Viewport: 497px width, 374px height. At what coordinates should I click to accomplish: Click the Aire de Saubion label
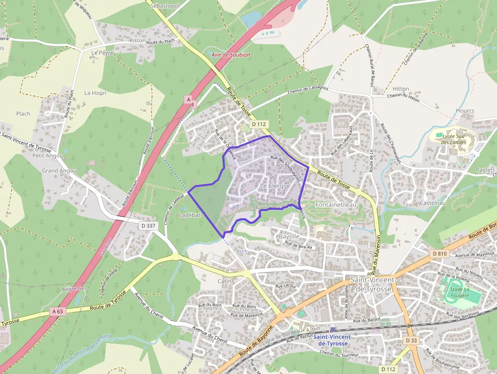[230, 55]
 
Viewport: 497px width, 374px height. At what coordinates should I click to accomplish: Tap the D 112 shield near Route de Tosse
[259, 124]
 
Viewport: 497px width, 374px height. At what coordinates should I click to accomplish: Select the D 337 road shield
[148, 225]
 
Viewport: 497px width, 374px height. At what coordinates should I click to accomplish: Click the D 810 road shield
[440, 253]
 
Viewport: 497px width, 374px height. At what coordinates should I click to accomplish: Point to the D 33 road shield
[411, 341]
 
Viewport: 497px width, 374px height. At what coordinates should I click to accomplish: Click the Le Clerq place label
[271, 186]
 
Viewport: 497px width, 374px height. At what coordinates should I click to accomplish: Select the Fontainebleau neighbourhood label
[336, 204]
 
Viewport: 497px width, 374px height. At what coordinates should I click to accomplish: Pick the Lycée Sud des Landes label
[453, 139]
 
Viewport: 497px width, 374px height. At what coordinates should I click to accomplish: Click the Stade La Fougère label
[458, 292]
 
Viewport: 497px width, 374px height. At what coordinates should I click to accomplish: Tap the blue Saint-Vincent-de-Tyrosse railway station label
[332, 340]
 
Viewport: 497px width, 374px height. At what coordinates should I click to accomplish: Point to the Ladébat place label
[190, 215]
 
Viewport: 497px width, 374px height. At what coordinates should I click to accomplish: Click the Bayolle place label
[290, 236]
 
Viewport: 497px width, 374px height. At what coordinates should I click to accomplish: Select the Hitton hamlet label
[401, 89]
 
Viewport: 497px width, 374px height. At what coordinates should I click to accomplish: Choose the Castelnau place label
[433, 203]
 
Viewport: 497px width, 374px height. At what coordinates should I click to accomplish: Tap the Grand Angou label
[59, 171]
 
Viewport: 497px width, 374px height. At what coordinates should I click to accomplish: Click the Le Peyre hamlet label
[102, 52]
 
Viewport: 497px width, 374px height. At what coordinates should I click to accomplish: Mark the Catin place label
[224, 281]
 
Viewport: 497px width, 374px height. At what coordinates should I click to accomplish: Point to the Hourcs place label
[465, 111]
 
